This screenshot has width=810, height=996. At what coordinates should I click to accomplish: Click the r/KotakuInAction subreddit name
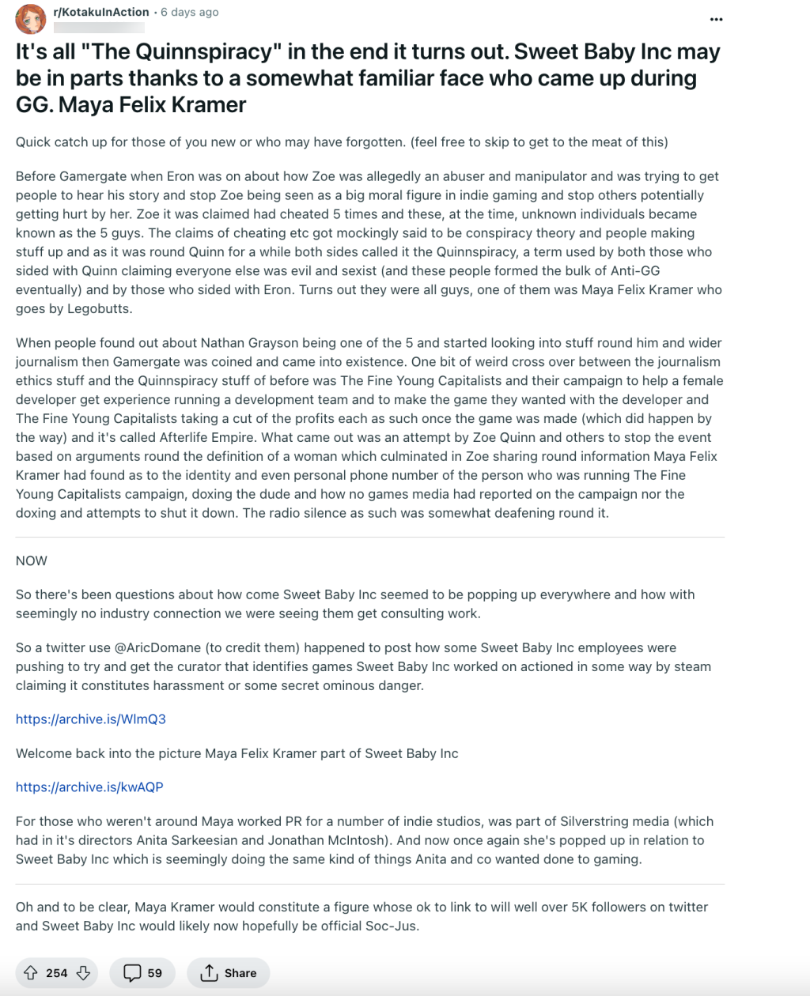101,12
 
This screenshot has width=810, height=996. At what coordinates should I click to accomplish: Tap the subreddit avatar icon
31,19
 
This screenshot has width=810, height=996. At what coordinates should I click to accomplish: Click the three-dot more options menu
716,19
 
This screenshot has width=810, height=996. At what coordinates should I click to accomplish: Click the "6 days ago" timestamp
190,12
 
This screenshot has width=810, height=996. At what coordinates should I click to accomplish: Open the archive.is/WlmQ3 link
91,719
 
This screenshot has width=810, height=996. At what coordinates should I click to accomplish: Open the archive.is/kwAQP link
89,787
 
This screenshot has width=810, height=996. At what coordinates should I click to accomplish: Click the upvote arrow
31,973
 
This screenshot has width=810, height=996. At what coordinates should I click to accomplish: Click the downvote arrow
83,973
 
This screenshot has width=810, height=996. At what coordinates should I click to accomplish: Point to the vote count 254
57,973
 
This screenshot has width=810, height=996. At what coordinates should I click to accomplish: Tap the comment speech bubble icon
133,973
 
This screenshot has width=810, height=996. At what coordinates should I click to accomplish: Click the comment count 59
155,973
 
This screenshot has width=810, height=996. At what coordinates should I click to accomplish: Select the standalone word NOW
32,560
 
